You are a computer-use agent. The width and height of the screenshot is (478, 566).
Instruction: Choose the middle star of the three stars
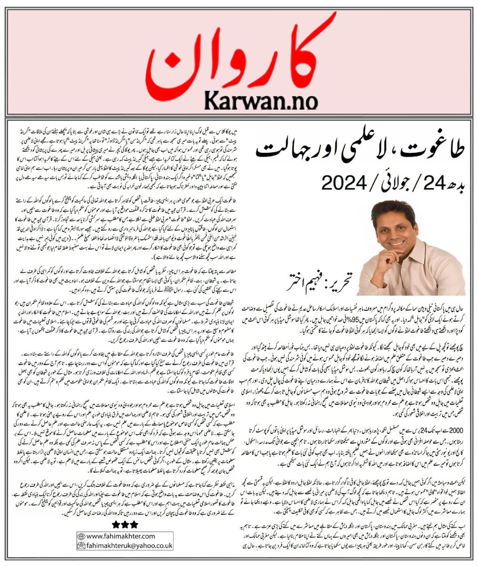click(x=124, y=524)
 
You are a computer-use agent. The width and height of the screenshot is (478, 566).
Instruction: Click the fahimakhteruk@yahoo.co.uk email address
click(x=130, y=545)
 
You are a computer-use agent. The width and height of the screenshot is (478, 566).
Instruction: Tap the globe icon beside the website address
click(x=82, y=536)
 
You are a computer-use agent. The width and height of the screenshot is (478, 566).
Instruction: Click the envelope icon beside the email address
click(x=82, y=545)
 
